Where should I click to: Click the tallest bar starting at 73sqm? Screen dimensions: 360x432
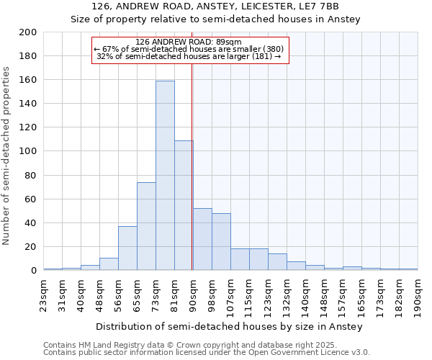[165, 176]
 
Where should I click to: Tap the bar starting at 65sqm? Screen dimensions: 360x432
[146, 226]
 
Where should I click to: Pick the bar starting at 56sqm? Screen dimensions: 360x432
[127, 248]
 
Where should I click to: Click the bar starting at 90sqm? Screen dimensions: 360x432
[202, 239]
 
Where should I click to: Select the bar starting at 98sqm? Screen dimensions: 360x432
[221, 242]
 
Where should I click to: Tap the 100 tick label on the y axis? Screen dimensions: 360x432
[28, 151]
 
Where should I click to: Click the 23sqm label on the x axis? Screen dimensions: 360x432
[43, 294]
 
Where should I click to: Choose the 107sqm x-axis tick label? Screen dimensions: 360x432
[230, 296]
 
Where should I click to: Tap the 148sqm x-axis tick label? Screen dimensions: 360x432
[324, 296]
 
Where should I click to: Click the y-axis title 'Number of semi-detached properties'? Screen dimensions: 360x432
[7, 156]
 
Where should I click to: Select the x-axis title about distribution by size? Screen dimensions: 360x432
[230, 326]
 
